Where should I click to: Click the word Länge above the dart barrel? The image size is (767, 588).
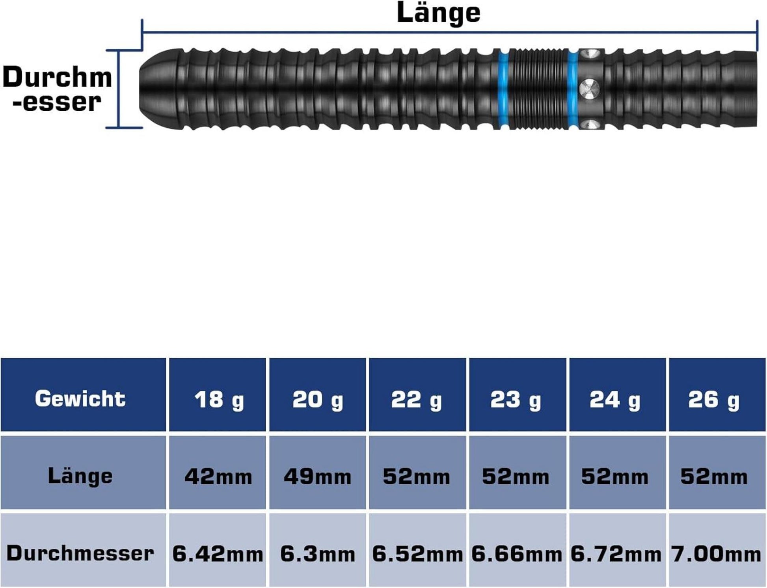(438, 13)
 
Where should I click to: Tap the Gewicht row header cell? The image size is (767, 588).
(80, 398)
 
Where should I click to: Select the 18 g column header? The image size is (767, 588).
(219, 399)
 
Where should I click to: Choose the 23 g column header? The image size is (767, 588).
(516, 399)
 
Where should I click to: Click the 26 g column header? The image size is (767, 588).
(714, 399)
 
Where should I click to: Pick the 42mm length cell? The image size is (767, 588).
(218, 476)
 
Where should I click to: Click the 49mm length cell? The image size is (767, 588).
(318, 476)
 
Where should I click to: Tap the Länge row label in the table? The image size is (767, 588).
(80, 476)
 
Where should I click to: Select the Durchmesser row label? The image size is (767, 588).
(80, 553)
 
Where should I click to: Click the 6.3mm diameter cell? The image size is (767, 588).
(318, 554)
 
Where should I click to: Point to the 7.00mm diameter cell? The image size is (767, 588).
(716, 554)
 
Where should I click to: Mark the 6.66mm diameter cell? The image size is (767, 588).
(517, 554)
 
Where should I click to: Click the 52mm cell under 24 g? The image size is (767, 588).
(615, 476)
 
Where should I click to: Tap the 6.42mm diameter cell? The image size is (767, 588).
(218, 554)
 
